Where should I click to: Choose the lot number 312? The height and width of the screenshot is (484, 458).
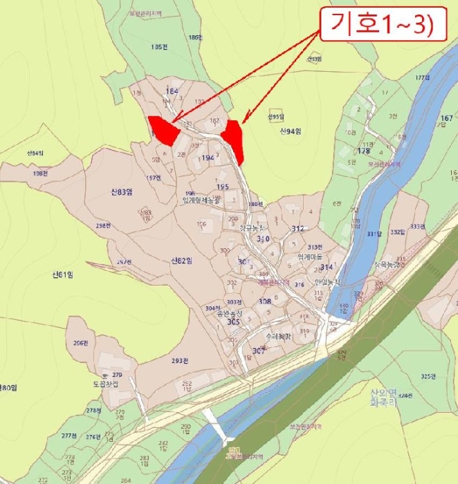tap(297, 229)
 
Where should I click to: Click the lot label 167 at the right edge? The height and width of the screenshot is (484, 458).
tap(446, 119)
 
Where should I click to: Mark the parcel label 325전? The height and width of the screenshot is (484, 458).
tap(431, 377)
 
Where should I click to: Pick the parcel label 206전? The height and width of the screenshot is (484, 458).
tap(82, 344)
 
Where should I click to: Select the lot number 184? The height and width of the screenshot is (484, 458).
tap(172, 91)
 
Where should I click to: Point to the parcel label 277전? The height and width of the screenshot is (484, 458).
tap(68, 436)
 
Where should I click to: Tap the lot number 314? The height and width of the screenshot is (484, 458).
tap(327, 267)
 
